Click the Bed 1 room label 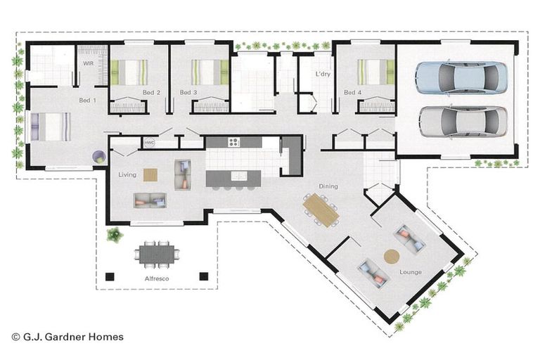tap(87, 101)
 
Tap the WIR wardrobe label tap(88, 63)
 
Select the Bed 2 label tap(151, 92)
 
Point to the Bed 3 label tap(188, 92)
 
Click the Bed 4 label tap(353, 92)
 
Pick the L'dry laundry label tap(323, 74)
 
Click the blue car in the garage tap(461, 78)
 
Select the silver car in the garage tap(463, 122)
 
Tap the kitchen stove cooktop tap(233, 142)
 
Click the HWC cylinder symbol tap(149, 143)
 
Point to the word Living tap(127, 174)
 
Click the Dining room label tap(328, 186)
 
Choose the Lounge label tap(411, 272)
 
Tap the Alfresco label tap(157, 278)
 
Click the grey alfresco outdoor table tap(157, 255)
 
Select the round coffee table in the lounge tap(392, 257)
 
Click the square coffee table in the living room tap(150, 174)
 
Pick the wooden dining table tap(321, 210)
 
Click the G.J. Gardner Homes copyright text tap(67, 337)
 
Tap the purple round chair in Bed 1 tap(98, 157)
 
